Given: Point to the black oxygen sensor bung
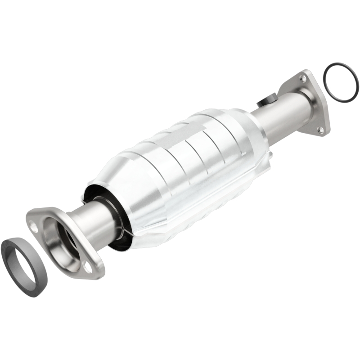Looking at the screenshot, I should coord(269,100).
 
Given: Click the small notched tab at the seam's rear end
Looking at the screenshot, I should coord(269,155).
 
